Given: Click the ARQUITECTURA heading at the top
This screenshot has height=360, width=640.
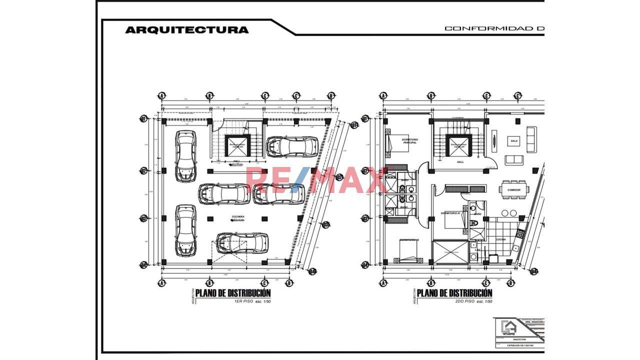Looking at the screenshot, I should coord(186,29).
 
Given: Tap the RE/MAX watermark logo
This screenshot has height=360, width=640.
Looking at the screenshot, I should coord(316,180).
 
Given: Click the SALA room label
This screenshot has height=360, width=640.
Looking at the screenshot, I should coord(514,141).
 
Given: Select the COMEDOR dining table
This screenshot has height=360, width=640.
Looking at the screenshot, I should coord(513,190).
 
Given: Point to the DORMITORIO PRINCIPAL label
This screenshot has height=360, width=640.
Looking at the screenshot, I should coord(409,141).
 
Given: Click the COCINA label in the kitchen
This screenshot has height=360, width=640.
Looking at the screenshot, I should coord(500,239).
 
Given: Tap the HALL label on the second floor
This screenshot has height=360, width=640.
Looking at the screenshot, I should coord(460,162).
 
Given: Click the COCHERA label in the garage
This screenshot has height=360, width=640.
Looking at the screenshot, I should coord(238,217).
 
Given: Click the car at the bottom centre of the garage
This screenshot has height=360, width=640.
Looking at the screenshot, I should coord(242,243).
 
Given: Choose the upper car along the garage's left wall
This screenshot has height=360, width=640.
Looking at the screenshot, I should coord(185,156).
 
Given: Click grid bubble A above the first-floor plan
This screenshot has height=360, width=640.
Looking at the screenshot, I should coord(161,95).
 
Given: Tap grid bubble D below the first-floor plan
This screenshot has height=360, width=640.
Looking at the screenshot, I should coord(288,283).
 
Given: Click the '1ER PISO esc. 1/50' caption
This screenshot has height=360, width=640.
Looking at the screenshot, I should coord(252,302).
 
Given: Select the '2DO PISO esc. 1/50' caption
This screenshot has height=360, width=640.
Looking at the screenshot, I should coord(473,302).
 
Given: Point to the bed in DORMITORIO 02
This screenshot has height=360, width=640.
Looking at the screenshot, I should coord(409,250).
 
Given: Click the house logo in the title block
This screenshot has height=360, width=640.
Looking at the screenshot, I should coord(509,328).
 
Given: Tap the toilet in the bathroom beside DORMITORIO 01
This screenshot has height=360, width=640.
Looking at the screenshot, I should coord(475,222).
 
